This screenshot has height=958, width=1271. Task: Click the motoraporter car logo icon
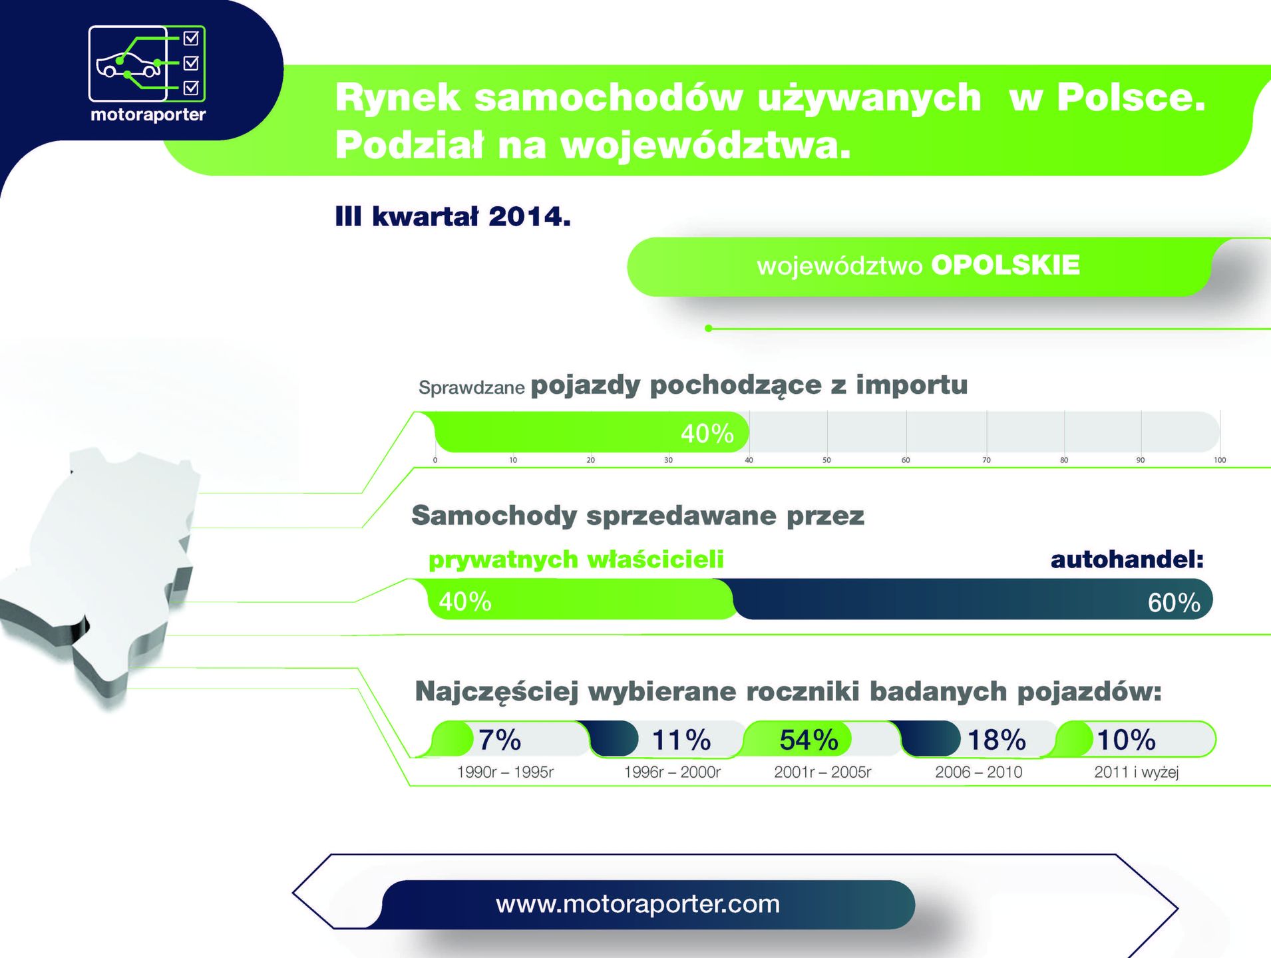point(147,64)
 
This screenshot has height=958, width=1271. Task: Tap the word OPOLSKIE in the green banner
point(1005,265)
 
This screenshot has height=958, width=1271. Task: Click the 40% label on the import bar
point(707,434)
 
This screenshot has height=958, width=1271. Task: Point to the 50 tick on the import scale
point(826,460)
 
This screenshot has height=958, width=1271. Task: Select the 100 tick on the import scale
point(1220,460)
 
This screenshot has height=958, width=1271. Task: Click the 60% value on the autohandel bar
point(1174,603)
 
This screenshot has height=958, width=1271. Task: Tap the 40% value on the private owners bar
point(465,602)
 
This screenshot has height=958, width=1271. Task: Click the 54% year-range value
point(809,740)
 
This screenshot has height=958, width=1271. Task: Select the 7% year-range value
point(500,740)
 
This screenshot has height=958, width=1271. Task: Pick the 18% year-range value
point(996,740)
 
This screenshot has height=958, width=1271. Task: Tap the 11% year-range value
point(681,740)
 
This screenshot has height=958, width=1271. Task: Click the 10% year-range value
point(1126,740)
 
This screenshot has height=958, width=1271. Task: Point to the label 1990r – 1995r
point(505,772)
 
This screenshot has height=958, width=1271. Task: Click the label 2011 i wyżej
point(1137,772)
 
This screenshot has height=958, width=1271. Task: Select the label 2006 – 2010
point(978,772)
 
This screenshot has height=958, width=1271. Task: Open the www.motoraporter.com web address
point(637,903)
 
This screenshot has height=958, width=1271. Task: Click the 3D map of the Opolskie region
point(100,572)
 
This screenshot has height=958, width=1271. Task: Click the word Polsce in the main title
point(1131,97)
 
